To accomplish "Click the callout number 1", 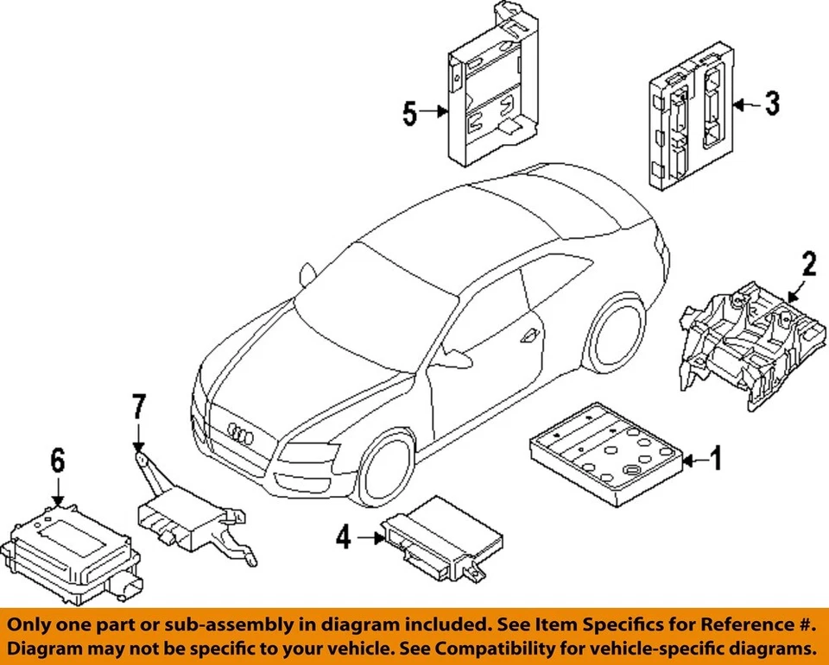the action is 715,458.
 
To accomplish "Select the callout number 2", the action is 809,264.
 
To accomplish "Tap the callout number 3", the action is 772,104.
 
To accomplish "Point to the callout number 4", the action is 344,537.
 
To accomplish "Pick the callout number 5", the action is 409,114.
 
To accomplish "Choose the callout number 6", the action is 57,460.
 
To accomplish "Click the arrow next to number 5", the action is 434,111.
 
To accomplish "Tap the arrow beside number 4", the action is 370,538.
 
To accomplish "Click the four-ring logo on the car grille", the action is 241,433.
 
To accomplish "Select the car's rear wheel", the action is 616,331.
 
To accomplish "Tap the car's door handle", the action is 529,336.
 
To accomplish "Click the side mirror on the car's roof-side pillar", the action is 307,273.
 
